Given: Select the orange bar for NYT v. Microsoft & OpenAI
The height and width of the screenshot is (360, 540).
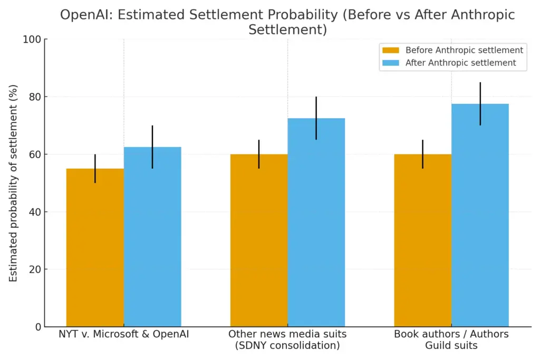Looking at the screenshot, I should (x=95, y=248).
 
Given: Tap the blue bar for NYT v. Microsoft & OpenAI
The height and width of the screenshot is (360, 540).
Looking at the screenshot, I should (x=152, y=237).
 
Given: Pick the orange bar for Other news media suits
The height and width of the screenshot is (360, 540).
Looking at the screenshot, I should (x=259, y=240).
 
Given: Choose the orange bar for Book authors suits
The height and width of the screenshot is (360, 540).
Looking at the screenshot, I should (x=422, y=240).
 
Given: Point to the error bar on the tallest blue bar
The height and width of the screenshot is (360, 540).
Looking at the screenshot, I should (x=480, y=103).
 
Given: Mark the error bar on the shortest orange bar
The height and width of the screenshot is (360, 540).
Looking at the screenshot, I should (x=95, y=168).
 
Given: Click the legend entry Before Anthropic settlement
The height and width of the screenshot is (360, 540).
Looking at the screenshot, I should (x=464, y=50).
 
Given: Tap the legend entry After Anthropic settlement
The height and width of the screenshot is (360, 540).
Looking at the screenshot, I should (x=460, y=63).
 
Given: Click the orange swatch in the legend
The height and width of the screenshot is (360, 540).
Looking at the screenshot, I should (x=391, y=50).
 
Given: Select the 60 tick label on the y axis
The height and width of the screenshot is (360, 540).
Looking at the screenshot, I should (x=34, y=154).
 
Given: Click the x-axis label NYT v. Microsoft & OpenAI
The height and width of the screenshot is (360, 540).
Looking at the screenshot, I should (x=124, y=334).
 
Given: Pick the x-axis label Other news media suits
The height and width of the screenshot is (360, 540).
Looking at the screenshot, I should (x=287, y=340).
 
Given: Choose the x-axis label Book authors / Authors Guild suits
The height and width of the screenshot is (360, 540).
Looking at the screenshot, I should (x=451, y=340).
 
